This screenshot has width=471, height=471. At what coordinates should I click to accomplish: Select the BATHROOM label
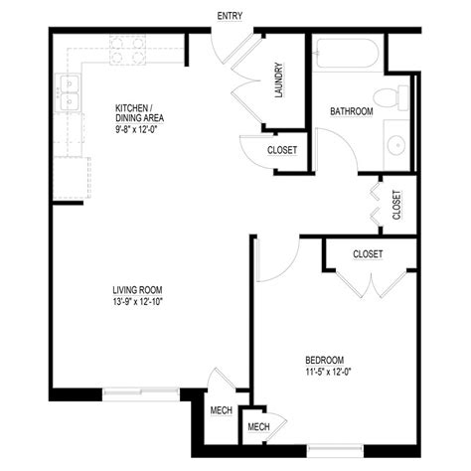click(351, 112)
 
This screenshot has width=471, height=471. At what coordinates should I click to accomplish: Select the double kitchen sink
click(70, 91)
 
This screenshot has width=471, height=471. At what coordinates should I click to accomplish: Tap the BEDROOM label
click(324, 359)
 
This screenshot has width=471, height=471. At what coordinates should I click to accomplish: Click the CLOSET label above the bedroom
click(368, 254)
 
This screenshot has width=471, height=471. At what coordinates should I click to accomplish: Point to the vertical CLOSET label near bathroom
click(396, 206)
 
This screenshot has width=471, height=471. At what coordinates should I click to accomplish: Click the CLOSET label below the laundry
click(282, 151)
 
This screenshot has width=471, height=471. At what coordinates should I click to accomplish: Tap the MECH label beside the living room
click(221, 409)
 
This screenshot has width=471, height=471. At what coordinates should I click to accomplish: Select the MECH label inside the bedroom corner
click(258, 427)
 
